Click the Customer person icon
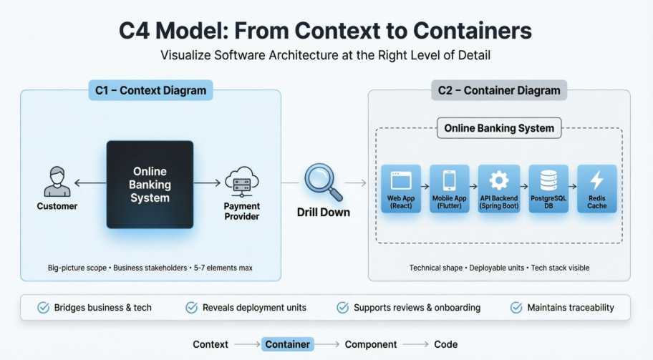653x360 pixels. (x=57, y=182)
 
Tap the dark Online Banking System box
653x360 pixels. (x=150, y=185)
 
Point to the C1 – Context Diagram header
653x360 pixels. (x=150, y=91)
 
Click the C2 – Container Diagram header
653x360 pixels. (x=499, y=91)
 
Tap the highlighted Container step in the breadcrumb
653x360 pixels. (x=288, y=344)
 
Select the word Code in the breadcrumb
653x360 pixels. (x=445, y=344)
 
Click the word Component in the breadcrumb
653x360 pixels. (x=371, y=344)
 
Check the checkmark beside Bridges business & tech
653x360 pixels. (x=43, y=308)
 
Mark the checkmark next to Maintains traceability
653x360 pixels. (x=516, y=308)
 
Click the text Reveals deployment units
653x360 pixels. (x=254, y=308)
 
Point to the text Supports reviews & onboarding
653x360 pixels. (x=417, y=308)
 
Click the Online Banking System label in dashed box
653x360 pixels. (x=499, y=129)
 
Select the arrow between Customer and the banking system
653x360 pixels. (x=90, y=183)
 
